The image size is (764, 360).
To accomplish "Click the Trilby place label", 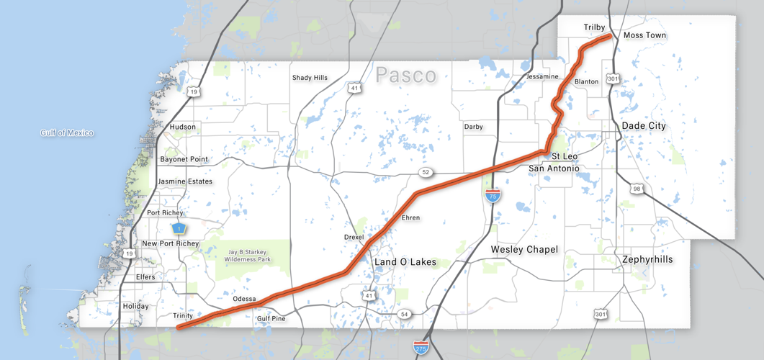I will point(594,27).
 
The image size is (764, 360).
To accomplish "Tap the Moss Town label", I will point(644,35).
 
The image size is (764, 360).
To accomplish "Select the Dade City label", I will point(644,125).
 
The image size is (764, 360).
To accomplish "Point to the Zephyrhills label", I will point(647,258).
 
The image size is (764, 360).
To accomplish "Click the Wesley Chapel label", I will point(524,249).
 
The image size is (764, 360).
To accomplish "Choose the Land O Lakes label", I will point(405,262).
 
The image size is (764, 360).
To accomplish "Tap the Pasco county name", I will point(406,75).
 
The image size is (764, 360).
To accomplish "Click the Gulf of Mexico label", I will point(67,132).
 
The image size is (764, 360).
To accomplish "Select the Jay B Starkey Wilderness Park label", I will point(248,256).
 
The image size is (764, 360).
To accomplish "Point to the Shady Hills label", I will point(310,78).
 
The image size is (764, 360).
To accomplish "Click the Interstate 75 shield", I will point(493,196).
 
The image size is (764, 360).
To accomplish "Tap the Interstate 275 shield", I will point(422,348).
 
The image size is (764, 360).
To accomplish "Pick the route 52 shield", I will point(426,172).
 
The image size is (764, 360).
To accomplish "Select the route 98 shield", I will point(637,189).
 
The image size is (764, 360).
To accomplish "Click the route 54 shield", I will point(405,315).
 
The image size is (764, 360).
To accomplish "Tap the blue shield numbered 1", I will point(178,228).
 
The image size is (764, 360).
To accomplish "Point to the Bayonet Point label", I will point(184,158).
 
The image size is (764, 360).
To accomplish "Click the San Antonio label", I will point(554,168).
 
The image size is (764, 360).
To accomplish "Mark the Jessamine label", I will point(542,76).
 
